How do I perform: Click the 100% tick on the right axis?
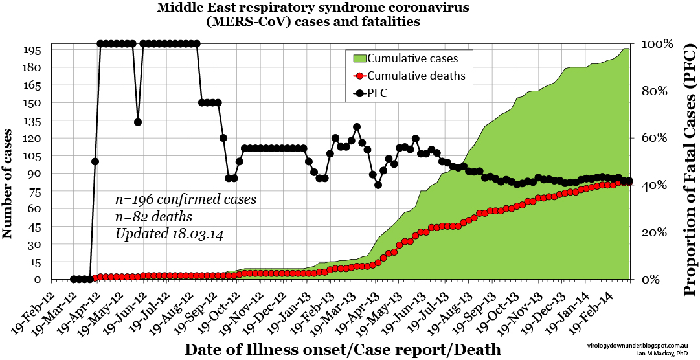point(657,44)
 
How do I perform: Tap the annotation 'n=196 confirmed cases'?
point(186,200)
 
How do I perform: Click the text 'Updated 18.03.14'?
point(169,234)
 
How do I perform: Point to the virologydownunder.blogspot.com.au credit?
point(642,347)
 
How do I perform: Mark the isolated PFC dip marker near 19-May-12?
point(137,122)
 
